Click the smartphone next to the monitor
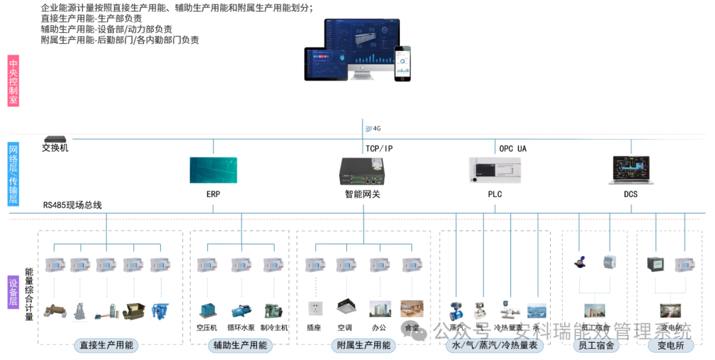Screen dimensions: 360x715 [x=403, y=64]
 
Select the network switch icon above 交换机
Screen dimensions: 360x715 [x=54, y=139]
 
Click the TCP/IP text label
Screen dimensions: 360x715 [x=379, y=149]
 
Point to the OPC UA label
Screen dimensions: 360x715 [x=512, y=149]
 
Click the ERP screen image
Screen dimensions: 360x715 [x=213, y=170]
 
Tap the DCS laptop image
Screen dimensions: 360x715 [x=630, y=170]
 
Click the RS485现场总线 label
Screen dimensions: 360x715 [x=73, y=205]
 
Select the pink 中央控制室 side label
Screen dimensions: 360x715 [x=13, y=81]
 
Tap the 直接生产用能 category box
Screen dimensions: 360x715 [x=107, y=345]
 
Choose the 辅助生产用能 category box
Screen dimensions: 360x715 [x=240, y=345]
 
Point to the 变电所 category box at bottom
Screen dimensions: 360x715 [x=665, y=345]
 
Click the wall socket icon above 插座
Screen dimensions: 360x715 [x=314, y=308]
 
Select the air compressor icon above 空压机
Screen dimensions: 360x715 [x=207, y=310]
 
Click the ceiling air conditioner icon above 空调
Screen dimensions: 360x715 [x=346, y=306]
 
